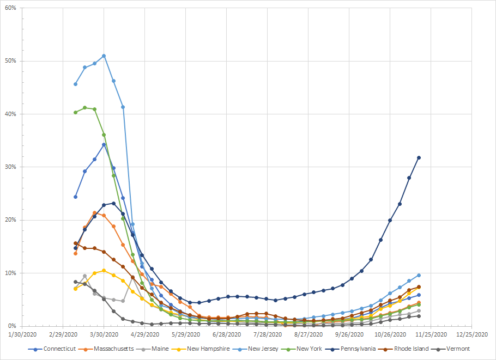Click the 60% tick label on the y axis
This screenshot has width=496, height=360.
pyautogui.click(x=10, y=8)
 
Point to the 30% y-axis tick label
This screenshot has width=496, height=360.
pyautogui.click(x=10, y=167)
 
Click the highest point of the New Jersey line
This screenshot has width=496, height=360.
pyautogui.click(x=104, y=56)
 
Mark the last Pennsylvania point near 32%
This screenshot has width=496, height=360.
pyautogui.click(x=419, y=158)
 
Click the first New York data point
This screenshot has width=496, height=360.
pyautogui.click(x=75, y=112)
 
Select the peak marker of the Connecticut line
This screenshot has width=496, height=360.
pyautogui.click(x=104, y=144)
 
